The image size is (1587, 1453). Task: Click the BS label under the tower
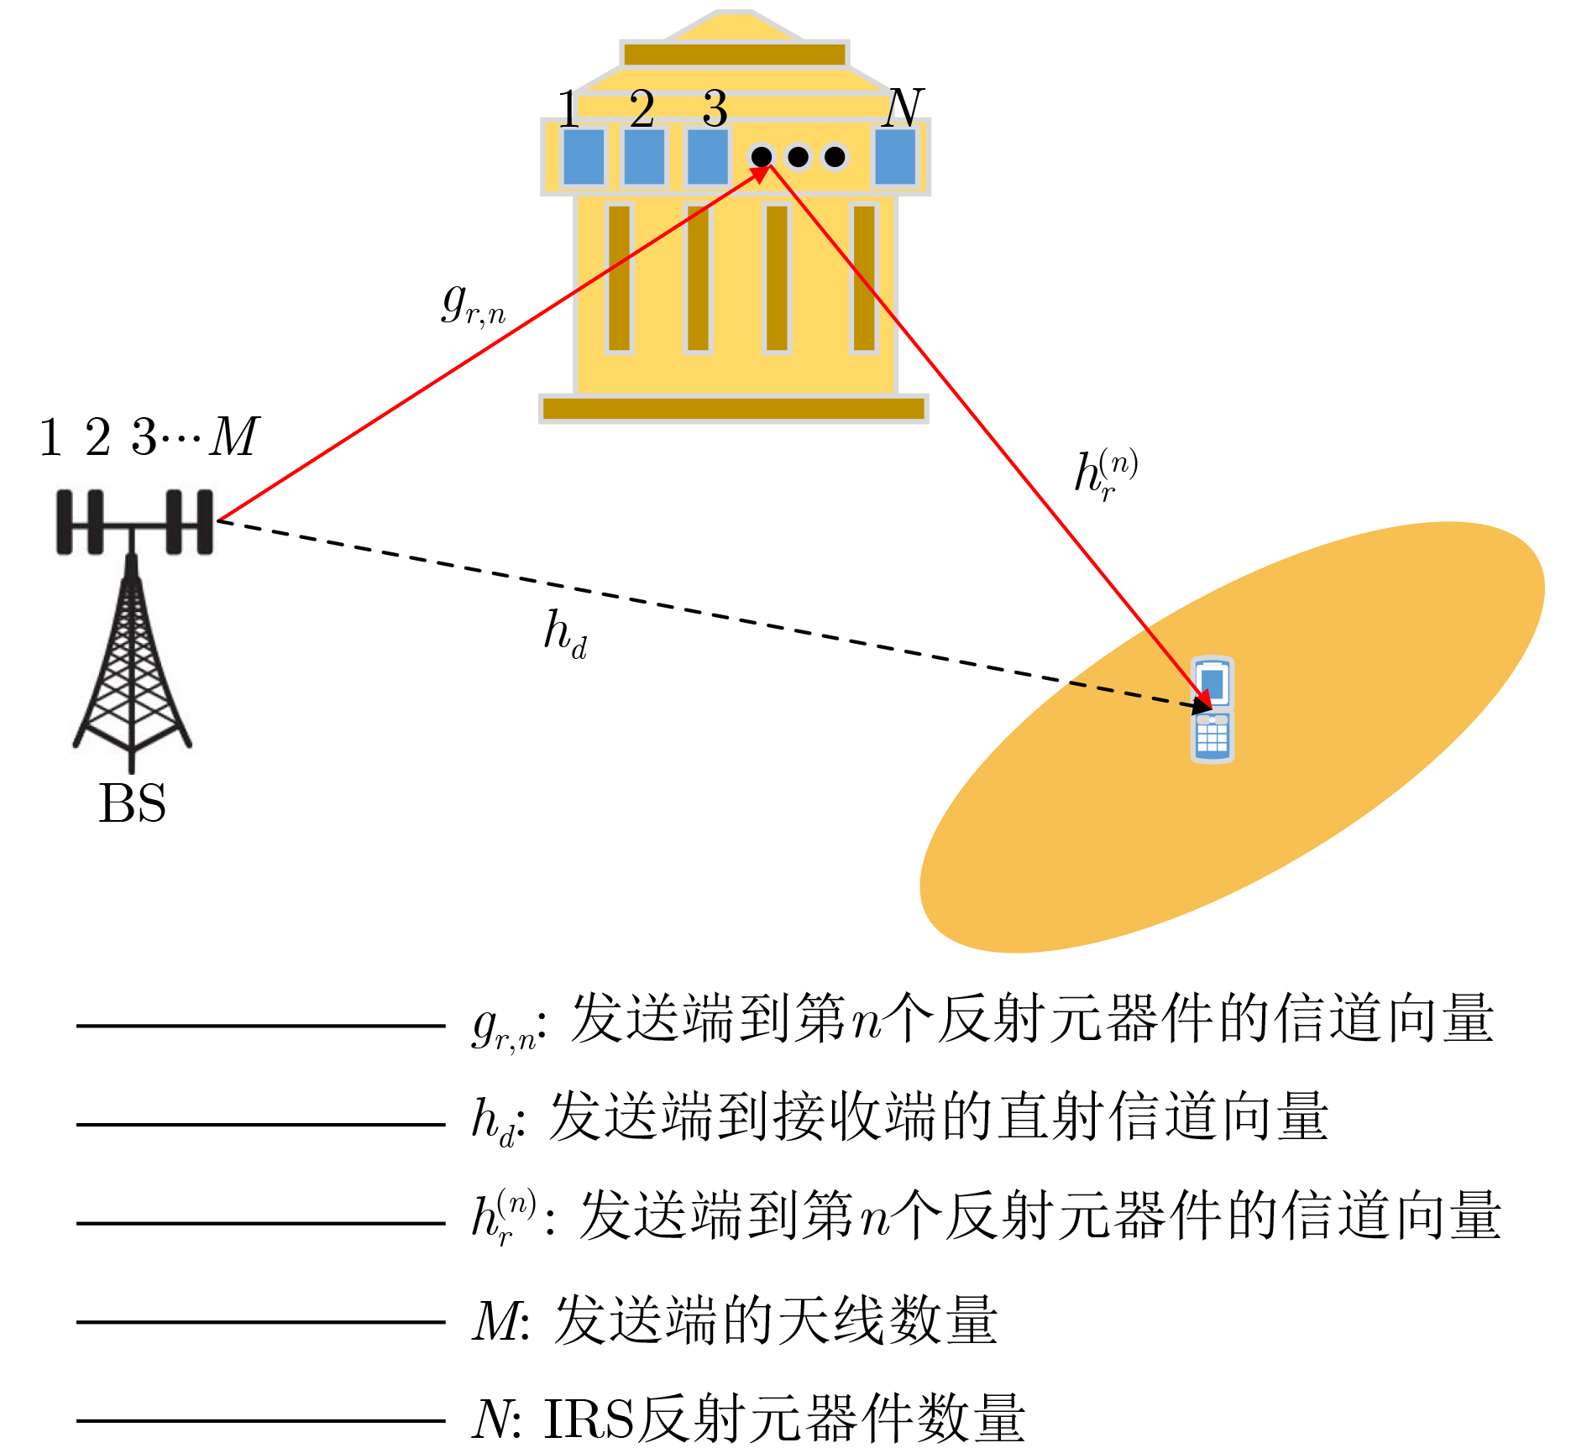click(x=132, y=803)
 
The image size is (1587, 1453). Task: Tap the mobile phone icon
click(x=1213, y=709)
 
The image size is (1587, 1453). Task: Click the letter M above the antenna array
click(x=235, y=436)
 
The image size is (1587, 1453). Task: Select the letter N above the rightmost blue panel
click(x=903, y=107)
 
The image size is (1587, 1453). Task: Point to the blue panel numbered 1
click(x=584, y=156)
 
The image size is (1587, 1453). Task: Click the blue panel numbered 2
click(x=644, y=156)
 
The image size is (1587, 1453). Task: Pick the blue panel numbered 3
click(x=707, y=156)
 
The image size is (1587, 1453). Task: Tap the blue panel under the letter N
click(x=895, y=156)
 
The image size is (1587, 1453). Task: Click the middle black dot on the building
click(x=798, y=156)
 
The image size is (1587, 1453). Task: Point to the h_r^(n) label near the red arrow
click(x=1106, y=475)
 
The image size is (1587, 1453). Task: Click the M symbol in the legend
click(x=496, y=1321)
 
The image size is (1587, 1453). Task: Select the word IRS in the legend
click(x=589, y=1419)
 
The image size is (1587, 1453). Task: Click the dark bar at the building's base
click(x=734, y=409)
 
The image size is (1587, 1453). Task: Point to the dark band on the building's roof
click(x=735, y=55)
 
